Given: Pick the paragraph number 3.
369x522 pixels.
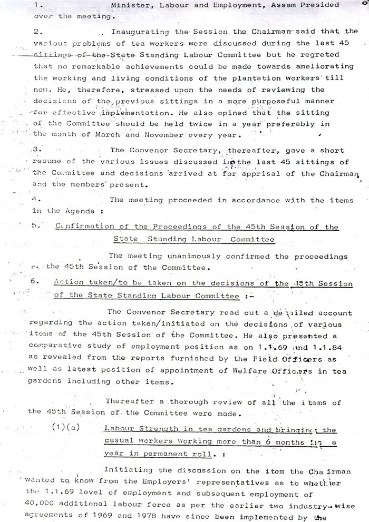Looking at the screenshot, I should [x=35, y=150].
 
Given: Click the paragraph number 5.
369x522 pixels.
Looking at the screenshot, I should [x=35, y=227].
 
